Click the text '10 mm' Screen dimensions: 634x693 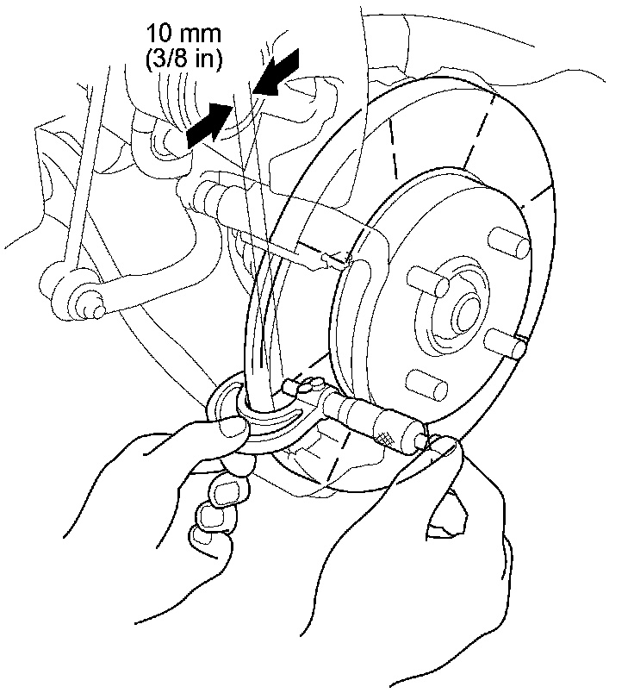[x=183, y=34]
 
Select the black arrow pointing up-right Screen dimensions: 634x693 [x=208, y=122]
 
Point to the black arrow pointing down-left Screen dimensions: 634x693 [x=278, y=72]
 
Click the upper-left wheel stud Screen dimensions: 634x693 [x=421, y=280]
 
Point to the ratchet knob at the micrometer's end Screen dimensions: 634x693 [x=418, y=438]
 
